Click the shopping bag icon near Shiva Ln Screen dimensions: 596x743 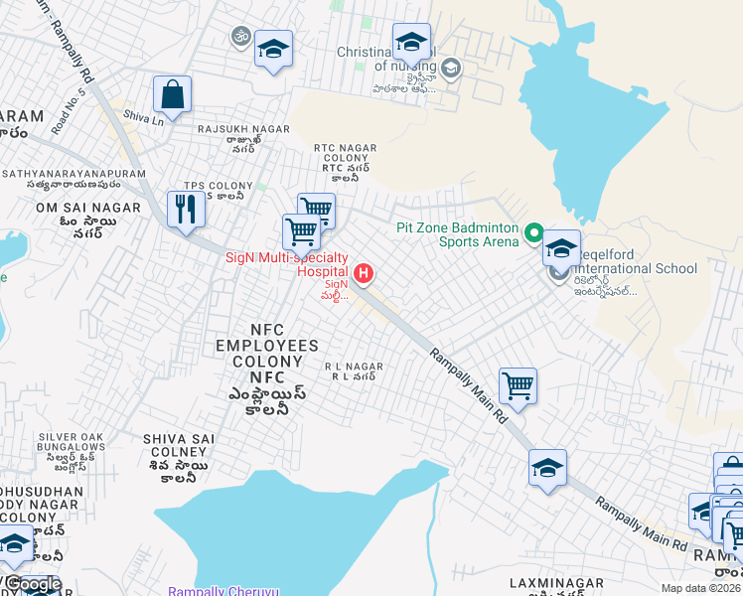[x=172, y=96]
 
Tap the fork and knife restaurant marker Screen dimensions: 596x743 [x=186, y=210]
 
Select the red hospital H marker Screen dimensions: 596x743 [x=365, y=272]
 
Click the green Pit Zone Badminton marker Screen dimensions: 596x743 [x=533, y=234]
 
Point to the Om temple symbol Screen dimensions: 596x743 [x=238, y=38]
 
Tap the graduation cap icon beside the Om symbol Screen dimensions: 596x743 [x=273, y=49]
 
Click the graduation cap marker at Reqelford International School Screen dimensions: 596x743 [x=561, y=249]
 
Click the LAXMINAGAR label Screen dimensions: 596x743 [x=556, y=581]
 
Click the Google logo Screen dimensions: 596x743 [x=32, y=584]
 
